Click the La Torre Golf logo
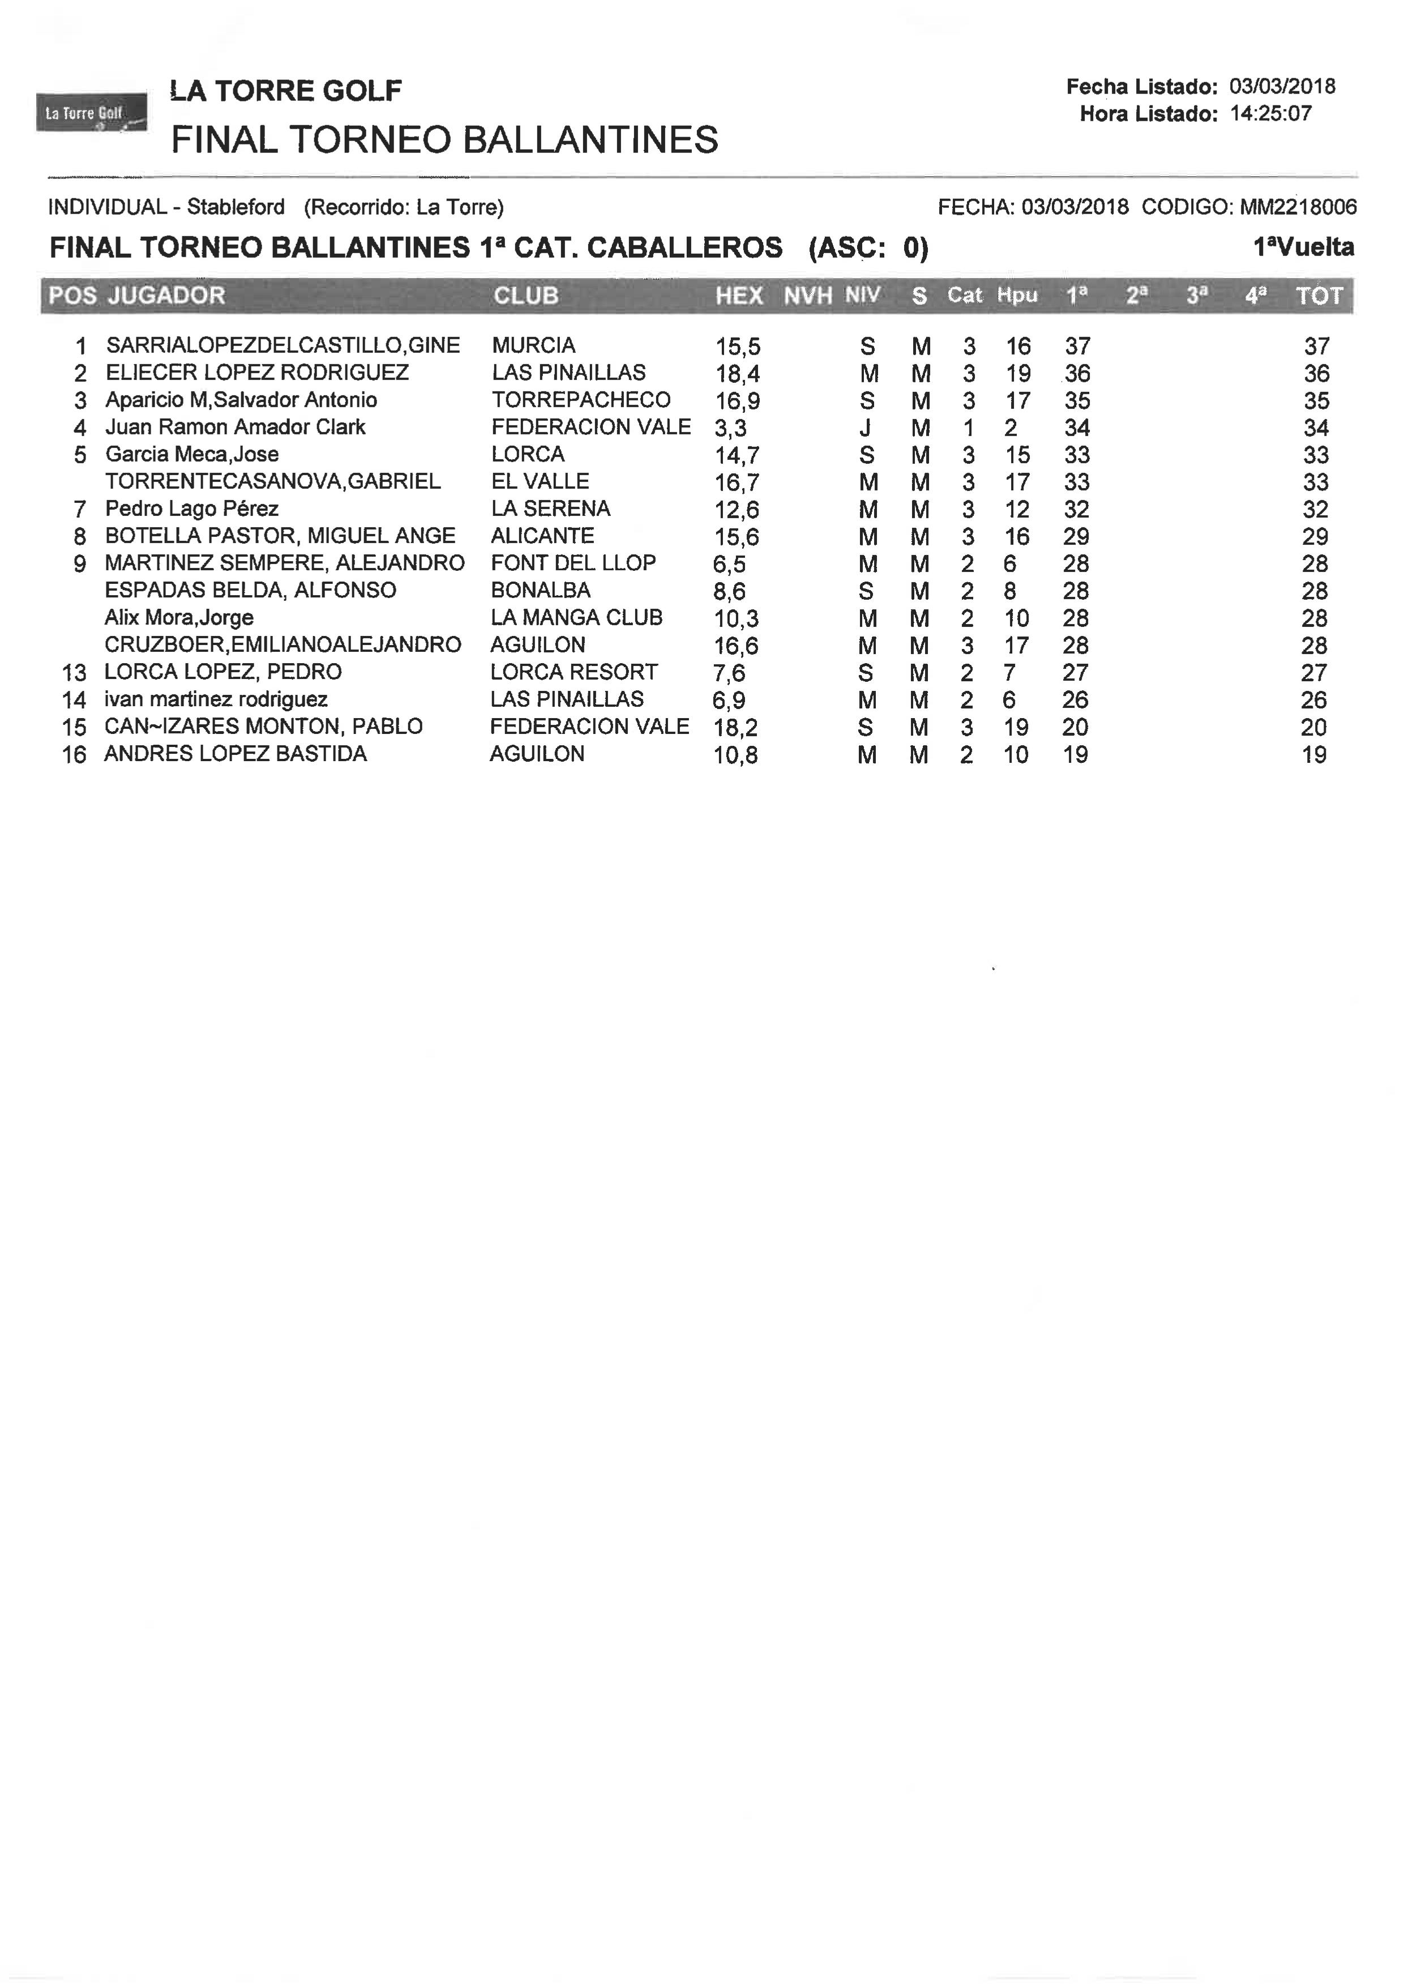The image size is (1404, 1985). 91,113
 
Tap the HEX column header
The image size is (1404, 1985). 738,296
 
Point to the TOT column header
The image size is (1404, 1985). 1319,296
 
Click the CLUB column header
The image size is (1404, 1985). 525,296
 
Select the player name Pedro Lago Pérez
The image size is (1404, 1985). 191,509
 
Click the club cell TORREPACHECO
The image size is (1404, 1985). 581,400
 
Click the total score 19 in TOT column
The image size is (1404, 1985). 1313,755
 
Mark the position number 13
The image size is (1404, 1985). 74,673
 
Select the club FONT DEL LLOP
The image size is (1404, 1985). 573,563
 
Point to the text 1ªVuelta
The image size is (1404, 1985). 1303,248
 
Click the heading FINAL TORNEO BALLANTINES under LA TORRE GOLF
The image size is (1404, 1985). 444,140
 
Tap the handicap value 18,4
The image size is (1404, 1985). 737,374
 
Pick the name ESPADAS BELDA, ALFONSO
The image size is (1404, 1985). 250,591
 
